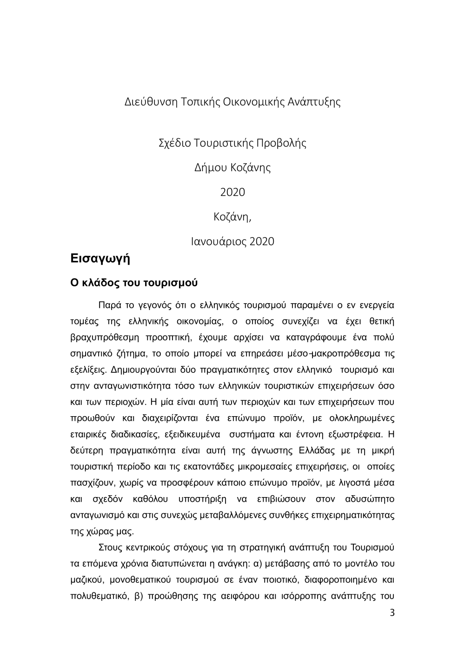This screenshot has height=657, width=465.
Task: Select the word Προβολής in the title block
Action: point(281,143)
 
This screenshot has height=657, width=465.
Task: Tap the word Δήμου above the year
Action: point(211,167)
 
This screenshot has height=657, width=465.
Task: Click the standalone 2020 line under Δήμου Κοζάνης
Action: point(232,192)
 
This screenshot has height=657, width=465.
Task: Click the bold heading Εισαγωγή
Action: point(100,259)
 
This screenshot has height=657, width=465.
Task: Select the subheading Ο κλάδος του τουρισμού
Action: point(134,283)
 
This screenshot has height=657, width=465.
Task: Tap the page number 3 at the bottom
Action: point(392,612)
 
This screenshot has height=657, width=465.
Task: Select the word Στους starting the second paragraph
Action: point(110,548)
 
